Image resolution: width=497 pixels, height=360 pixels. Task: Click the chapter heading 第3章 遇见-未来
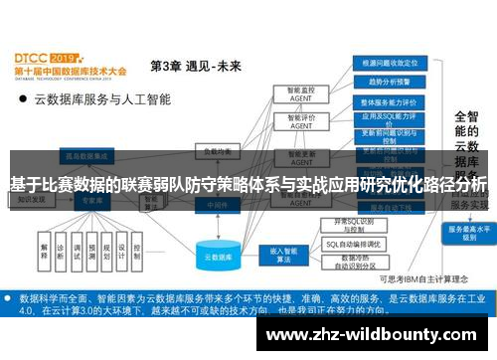pos(195,67)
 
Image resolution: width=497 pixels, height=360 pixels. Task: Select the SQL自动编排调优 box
pos(360,243)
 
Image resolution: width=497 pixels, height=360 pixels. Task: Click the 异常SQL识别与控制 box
pos(360,224)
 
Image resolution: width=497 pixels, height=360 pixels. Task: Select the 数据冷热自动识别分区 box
pos(360,262)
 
